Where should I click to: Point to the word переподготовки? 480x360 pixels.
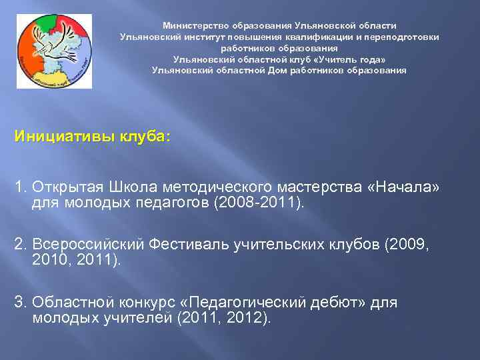[x=406, y=37]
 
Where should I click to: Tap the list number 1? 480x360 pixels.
[x=19, y=187]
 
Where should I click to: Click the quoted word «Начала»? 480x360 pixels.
[x=403, y=187]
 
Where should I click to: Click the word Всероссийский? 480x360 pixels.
[x=87, y=245]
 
